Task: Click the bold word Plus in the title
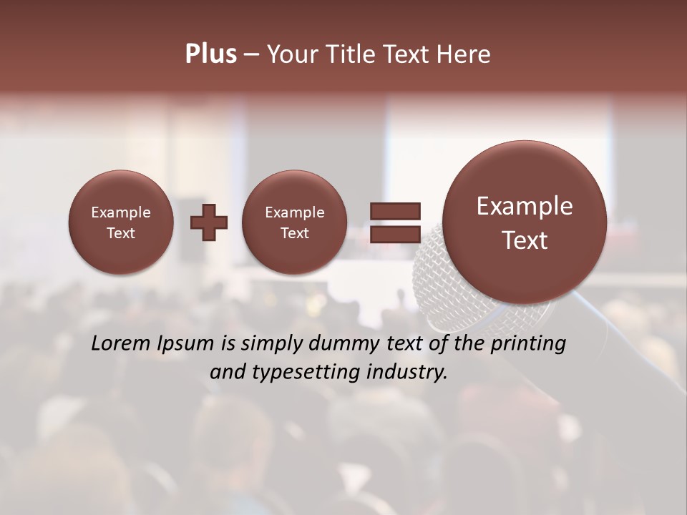click(210, 54)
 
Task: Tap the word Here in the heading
click(464, 54)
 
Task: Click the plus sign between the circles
click(209, 222)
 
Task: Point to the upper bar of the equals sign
click(395, 211)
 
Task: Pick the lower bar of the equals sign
click(395, 234)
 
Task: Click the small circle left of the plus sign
click(121, 222)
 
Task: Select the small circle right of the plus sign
click(294, 222)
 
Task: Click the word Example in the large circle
click(525, 206)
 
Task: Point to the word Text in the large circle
click(525, 240)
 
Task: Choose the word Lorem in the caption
click(121, 343)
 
